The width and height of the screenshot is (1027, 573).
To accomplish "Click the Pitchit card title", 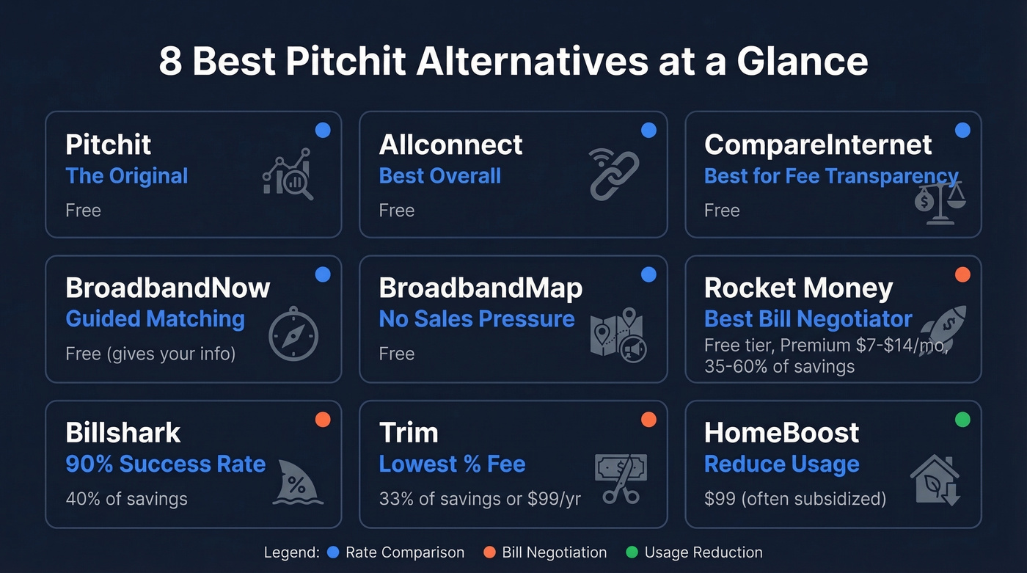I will [x=108, y=145].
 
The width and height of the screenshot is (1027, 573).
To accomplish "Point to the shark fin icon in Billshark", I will [x=298, y=481].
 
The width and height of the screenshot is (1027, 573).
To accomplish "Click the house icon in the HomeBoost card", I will [x=935, y=480].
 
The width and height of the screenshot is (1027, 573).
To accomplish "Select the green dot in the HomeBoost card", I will [x=962, y=420].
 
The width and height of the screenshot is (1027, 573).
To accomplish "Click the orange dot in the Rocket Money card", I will [x=962, y=275].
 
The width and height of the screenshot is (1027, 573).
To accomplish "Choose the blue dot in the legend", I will [x=334, y=552].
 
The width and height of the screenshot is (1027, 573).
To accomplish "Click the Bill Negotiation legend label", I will [x=554, y=552].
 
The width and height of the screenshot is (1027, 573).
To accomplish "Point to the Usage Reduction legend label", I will [x=703, y=552].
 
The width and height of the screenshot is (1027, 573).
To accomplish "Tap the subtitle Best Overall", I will [x=439, y=176].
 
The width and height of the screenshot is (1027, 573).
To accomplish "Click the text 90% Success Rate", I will [x=165, y=464].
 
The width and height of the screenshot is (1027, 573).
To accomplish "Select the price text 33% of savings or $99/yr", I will [x=479, y=499].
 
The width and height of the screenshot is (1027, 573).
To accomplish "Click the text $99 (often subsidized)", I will [x=794, y=499].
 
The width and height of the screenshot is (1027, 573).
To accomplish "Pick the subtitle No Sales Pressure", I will [x=476, y=319].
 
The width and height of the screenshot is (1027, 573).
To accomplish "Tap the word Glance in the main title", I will [x=802, y=62].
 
